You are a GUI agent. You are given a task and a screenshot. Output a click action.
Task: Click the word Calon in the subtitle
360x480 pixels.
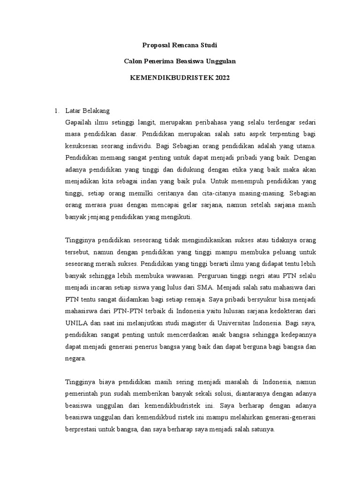(x=133, y=61)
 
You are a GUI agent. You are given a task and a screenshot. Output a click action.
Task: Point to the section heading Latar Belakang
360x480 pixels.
(x=87, y=111)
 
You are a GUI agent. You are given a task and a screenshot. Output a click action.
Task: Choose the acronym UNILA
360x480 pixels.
(x=76, y=322)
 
